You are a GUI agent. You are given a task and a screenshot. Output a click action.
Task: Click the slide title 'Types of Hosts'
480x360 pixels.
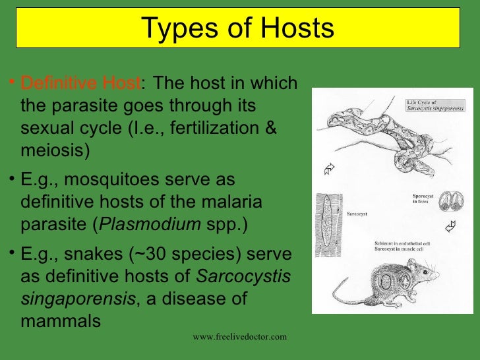point(238,28)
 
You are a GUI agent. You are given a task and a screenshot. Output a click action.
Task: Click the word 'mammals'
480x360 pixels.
point(61,321)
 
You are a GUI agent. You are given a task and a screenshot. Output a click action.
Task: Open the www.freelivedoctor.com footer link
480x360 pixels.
point(240,337)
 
